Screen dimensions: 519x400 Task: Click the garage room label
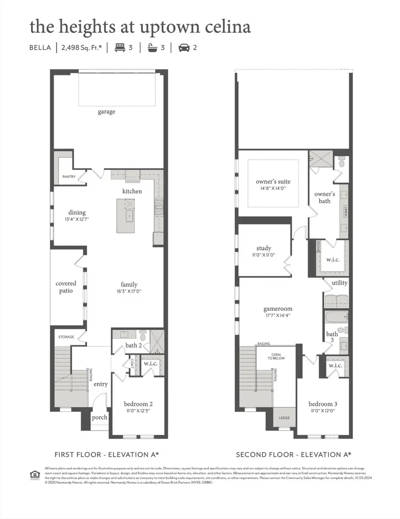[106, 112]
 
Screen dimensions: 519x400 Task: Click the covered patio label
[66, 287]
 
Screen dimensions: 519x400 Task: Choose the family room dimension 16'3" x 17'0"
[129, 291]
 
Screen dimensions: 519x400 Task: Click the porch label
[99, 418]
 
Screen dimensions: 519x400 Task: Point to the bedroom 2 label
[138, 404]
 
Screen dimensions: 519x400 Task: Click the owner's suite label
[273, 181]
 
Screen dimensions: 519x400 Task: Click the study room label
[264, 248]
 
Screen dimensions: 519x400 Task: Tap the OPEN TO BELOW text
[276, 356]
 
